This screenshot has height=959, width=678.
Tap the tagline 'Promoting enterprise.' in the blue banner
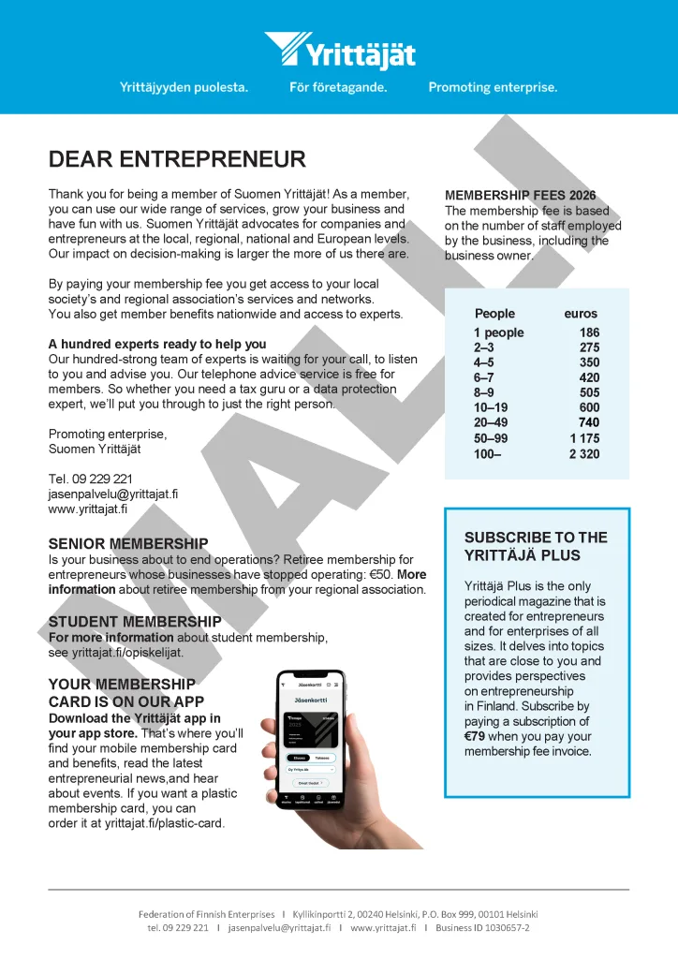pyautogui.click(x=493, y=87)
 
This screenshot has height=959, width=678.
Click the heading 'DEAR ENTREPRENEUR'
pyautogui.click(x=177, y=159)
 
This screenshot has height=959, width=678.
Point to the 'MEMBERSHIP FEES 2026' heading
pyautogui.click(x=520, y=196)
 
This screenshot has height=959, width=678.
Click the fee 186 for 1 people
pyautogui.click(x=589, y=332)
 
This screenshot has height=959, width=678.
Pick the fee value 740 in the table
pyautogui.click(x=589, y=423)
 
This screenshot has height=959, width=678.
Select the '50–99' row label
pyautogui.click(x=491, y=438)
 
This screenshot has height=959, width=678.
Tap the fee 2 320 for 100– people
pyautogui.click(x=584, y=454)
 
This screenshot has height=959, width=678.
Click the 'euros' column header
pyautogui.click(x=581, y=314)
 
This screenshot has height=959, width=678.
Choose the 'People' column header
pyautogui.click(x=494, y=314)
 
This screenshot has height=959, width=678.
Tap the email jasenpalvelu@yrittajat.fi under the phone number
pyautogui.click(x=112, y=494)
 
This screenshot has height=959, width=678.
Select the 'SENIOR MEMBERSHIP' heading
pyautogui.click(x=127, y=543)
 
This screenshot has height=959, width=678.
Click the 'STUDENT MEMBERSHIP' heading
pyautogui.click(x=135, y=622)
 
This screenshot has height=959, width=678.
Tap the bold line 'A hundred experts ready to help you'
pyautogui.click(x=157, y=344)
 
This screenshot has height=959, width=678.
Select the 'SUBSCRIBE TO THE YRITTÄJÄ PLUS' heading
pyautogui.click(x=536, y=546)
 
